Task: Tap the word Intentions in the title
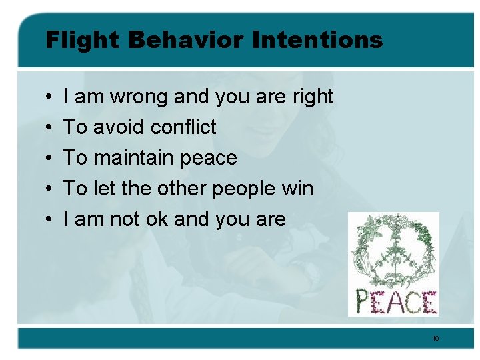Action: (x=317, y=41)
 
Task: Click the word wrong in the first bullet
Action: (x=139, y=97)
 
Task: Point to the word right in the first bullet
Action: (x=313, y=97)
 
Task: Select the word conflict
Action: (x=183, y=127)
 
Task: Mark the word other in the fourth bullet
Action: (x=179, y=189)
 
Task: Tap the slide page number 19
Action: (x=435, y=339)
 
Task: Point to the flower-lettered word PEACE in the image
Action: (x=395, y=301)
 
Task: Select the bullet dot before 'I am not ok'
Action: (x=51, y=220)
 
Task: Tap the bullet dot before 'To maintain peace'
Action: (x=51, y=159)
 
